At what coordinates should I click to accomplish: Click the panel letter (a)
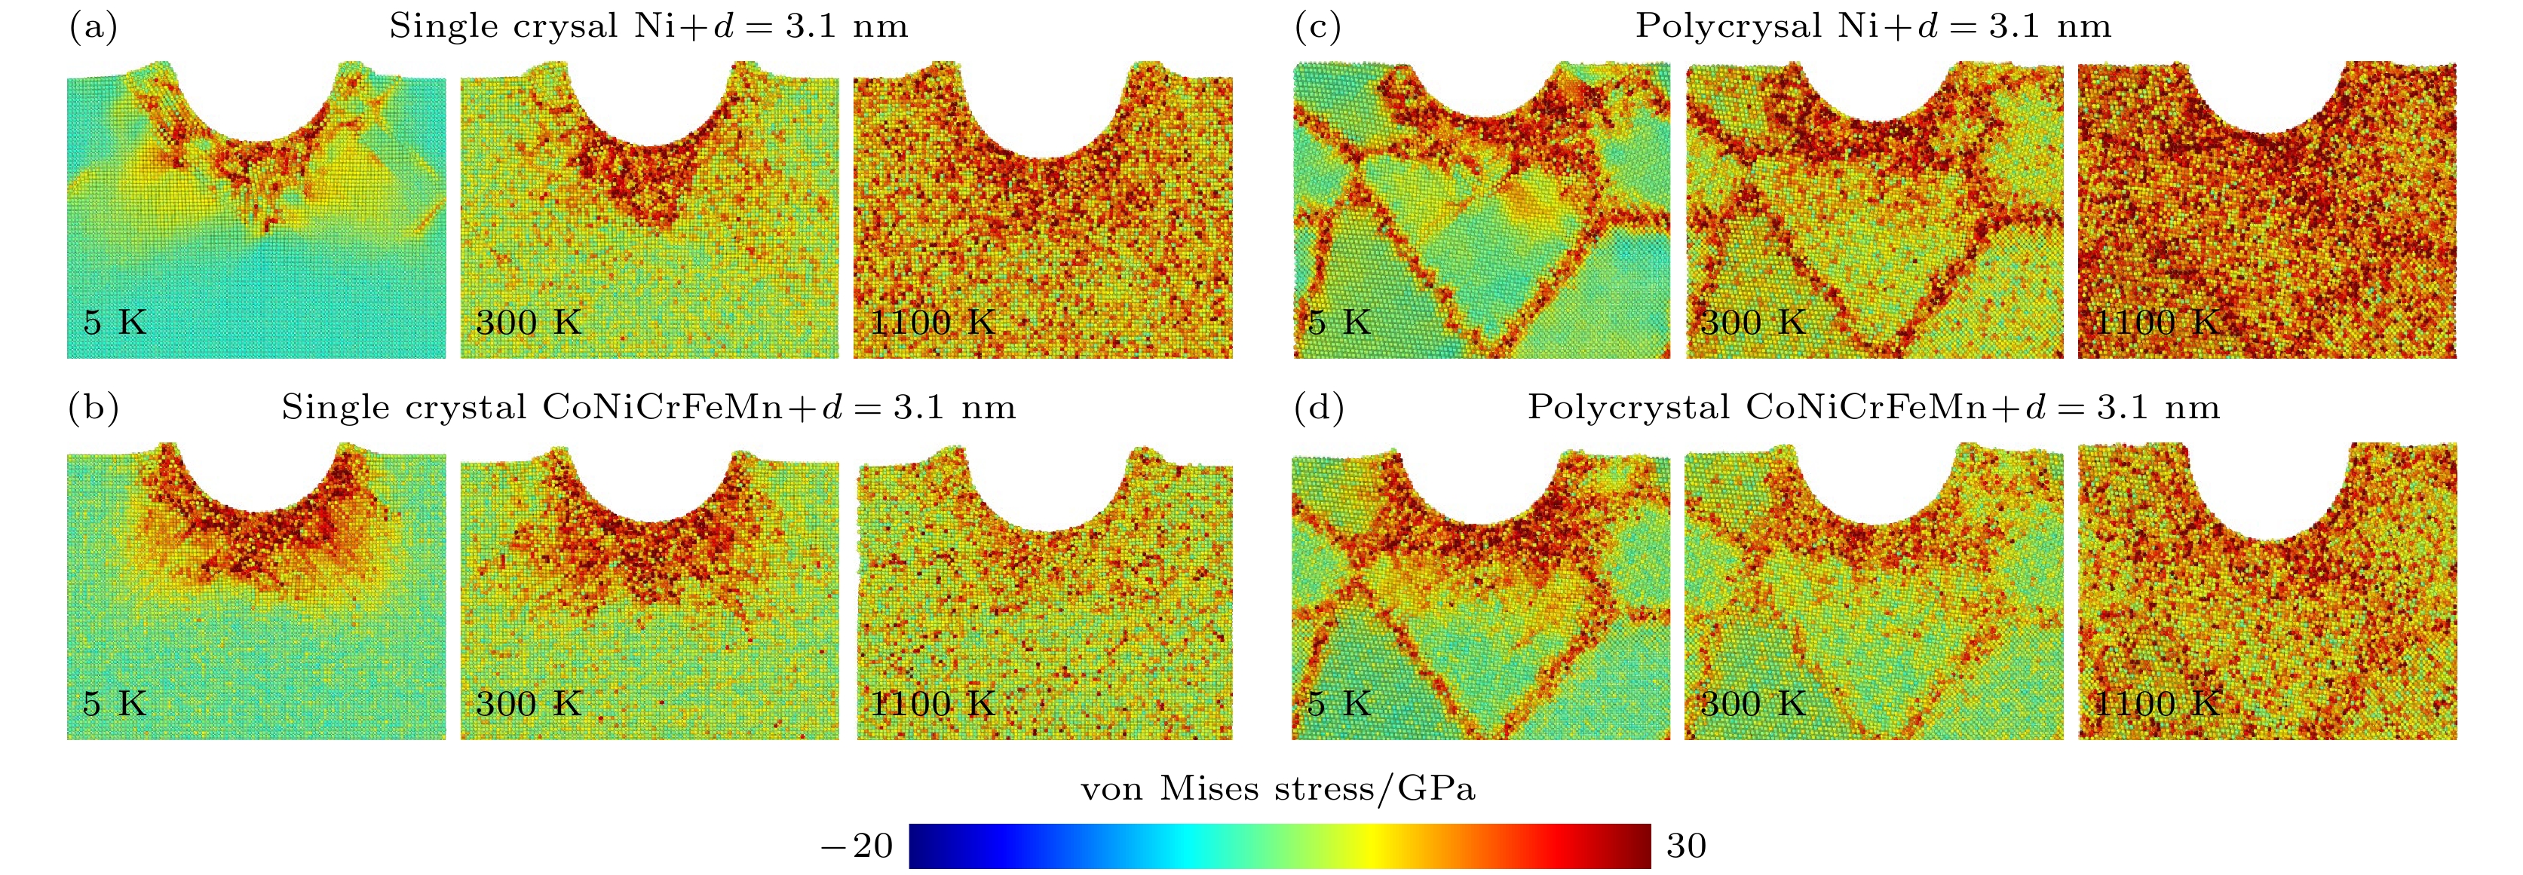93,26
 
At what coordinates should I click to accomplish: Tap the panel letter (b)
93,407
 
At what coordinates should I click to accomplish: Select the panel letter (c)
1317,26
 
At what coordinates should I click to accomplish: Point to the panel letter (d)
1318,407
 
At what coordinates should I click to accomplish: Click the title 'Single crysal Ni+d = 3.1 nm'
648,26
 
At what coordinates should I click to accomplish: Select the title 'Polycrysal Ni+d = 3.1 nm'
1873,26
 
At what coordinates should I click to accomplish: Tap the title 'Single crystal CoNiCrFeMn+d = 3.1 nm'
648,407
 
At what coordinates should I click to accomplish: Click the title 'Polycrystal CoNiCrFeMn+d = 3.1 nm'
1873,407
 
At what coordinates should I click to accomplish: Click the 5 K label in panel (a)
115,322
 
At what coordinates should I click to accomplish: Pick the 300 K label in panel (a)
528,322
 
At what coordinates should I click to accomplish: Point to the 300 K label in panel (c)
1752,322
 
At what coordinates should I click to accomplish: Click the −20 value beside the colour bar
857,846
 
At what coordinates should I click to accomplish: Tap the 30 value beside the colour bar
1685,846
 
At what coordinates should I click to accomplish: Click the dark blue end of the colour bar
921,846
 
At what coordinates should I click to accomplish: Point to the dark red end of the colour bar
1641,846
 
